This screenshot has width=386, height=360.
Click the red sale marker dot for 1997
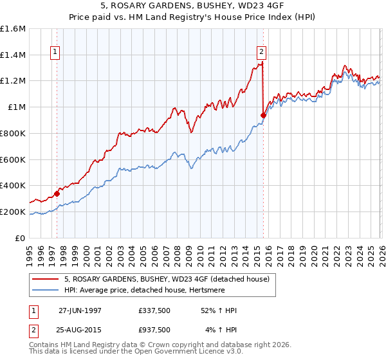coord(57,193)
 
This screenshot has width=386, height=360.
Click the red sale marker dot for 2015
coord(263,115)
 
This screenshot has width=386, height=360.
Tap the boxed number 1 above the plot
coord(55,53)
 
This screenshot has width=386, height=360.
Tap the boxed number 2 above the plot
coord(262,53)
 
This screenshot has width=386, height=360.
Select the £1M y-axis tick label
coord(17,107)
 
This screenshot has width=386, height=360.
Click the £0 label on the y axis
coord(21,238)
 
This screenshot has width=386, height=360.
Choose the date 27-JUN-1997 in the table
coord(80,310)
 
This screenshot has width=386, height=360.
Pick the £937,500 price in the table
coord(154,330)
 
